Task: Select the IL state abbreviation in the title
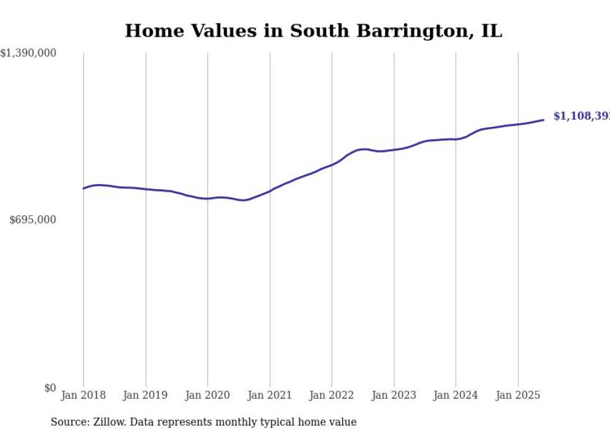pos(491,31)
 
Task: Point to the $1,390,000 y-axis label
pos(29,54)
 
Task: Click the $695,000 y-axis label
pos(33,220)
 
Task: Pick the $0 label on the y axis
pos(49,388)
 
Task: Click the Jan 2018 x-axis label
pos(83,395)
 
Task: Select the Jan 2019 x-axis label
pos(146,395)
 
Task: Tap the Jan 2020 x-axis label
pos(208,395)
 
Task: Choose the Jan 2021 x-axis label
pos(270,395)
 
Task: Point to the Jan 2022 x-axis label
pos(332,395)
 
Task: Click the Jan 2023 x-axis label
pos(394,395)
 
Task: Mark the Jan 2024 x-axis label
pos(456,395)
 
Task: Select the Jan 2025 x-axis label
pos(518,395)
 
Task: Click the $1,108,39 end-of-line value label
pos(581,116)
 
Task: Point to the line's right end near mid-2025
pos(543,119)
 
